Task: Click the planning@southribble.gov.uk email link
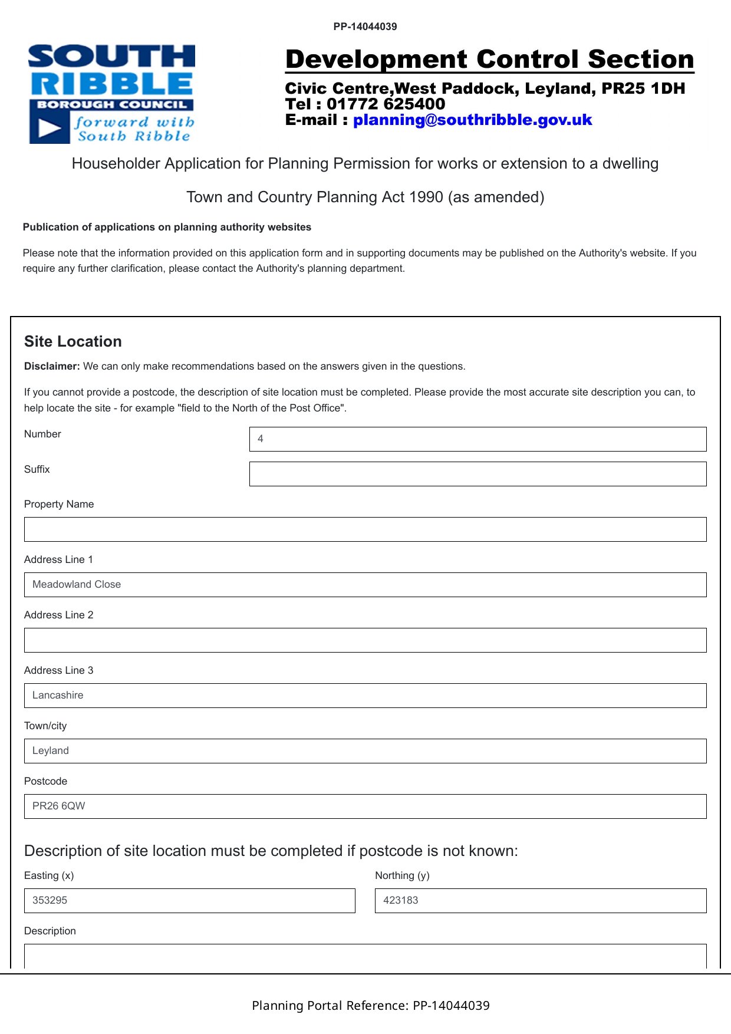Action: [x=472, y=120]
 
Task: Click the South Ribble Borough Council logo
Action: [x=111, y=94]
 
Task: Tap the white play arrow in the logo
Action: [x=50, y=129]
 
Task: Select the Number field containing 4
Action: [x=478, y=439]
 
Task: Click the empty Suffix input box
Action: [x=478, y=474]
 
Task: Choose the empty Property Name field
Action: [x=365, y=529]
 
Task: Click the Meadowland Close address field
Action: [x=365, y=585]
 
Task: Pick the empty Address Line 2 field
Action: [x=365, y=640]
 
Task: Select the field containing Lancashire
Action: [x=365, y=696]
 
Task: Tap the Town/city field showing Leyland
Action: [x=365, y=751]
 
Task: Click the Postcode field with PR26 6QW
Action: [x=365, y=806]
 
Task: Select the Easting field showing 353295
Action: [x=189, y=901]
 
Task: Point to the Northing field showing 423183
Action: [x=541, y=901]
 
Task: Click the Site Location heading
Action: [x=73, y=342]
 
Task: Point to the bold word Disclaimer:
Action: [x=52, y=366]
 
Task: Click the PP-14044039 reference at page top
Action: [x=365, y=27]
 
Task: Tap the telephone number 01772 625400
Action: [x=386, y=104]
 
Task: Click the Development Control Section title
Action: [x=489, y=60]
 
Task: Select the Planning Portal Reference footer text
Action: [x=370, y=1006]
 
